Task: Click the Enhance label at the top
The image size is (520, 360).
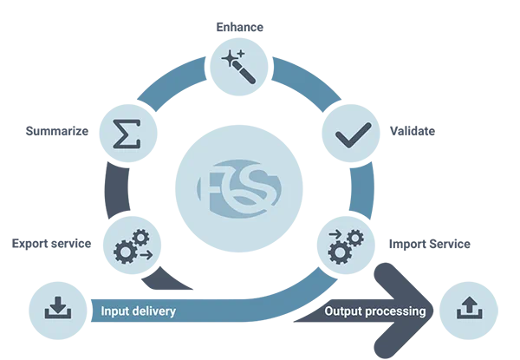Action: pos(239,27)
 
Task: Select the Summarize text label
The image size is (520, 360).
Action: pos(57,131)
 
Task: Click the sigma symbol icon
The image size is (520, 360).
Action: pos(127,134)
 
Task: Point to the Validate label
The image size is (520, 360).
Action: pos(413,131)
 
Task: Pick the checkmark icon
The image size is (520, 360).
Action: pos(353,134)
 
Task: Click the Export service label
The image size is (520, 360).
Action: pos(51,244)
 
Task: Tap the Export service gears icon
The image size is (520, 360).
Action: pos(133,246)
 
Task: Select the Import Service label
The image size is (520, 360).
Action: pos(430,244)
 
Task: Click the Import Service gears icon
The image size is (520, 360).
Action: pos(346,246)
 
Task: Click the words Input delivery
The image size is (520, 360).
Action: pos(139,311)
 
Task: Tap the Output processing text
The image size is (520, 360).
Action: pos(375,311)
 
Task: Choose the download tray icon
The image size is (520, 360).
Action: pos(58,308)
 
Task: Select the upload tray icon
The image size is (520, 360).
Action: pos(469,308)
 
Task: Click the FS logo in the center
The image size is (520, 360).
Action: pos(239,188)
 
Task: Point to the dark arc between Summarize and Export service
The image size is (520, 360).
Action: pos(116,190)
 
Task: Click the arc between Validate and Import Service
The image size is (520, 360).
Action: pos(362,190)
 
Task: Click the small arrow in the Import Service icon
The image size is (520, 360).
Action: pos(335,234)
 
